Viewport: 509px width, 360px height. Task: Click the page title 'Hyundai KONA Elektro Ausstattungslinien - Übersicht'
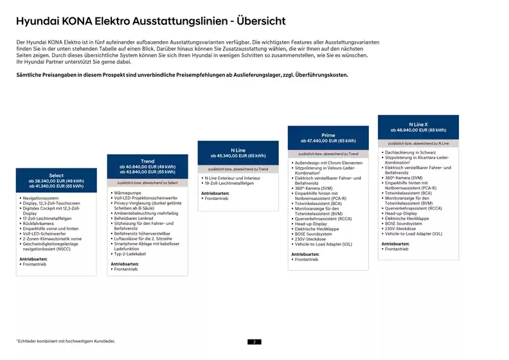pos(150,21)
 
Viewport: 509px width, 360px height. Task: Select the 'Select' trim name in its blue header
pos(56,175)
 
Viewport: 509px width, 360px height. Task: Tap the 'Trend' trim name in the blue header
pos(147,161)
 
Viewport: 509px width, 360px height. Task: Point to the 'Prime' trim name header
pos(328,135)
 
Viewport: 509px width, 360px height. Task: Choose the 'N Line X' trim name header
pos(418,124)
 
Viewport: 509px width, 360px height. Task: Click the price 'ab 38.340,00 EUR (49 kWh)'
pos(56,181)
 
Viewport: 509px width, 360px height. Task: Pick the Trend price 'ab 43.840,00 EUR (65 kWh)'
pos(147,172)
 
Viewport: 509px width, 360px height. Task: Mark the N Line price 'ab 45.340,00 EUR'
pos(238,156)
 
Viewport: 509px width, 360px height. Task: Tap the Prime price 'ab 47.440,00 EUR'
pos(328,141)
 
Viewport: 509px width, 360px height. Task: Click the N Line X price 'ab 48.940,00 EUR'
pos(418,130)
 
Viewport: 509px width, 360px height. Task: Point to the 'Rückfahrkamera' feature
pos(40,224)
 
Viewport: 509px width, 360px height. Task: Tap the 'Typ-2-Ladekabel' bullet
pos(131,255)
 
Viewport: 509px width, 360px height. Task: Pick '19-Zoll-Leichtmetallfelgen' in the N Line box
pos(229,183)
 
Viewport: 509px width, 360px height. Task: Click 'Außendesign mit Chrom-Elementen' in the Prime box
pos(328,163)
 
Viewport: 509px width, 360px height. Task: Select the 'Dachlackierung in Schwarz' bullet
pos(412,152)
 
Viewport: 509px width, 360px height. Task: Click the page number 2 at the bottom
pos(254,342)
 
